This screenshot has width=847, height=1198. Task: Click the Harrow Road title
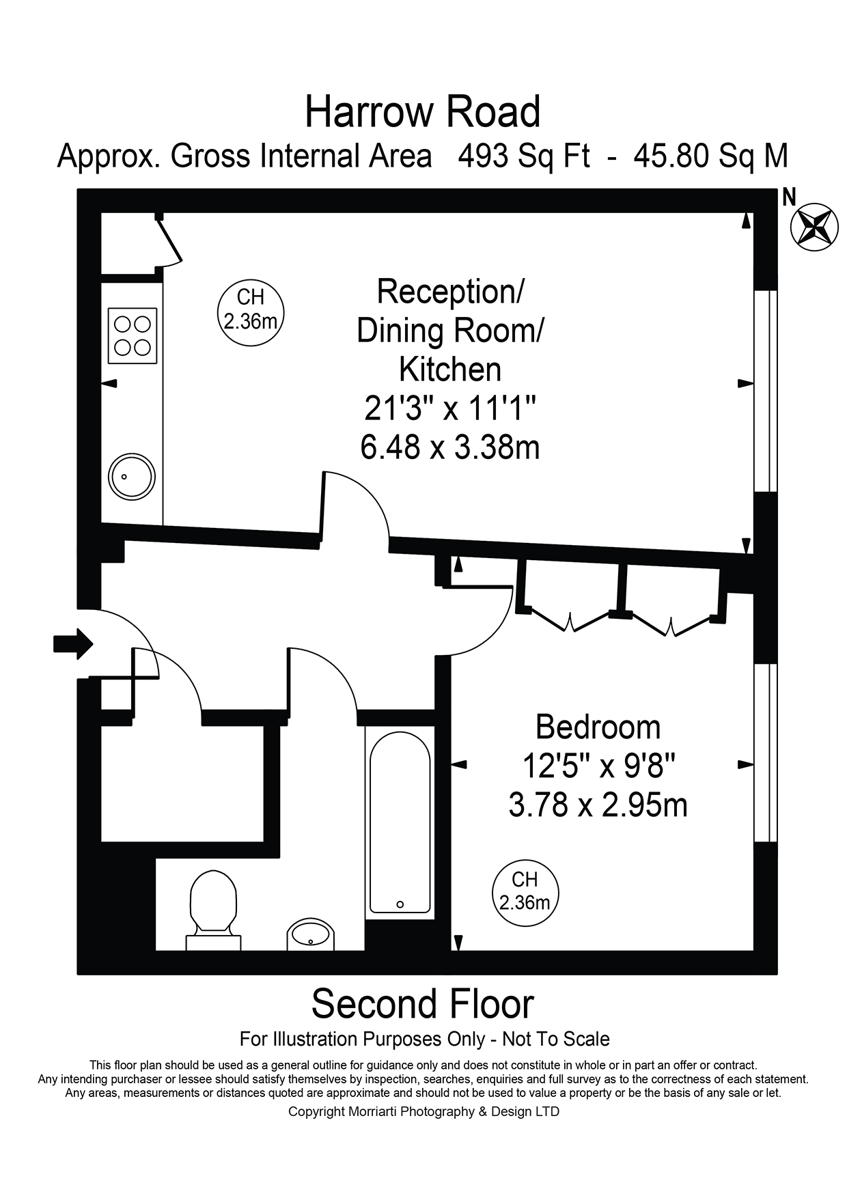[422, 112]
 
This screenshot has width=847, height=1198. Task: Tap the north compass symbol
[814, 226]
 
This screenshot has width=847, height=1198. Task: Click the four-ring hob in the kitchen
[133, 335]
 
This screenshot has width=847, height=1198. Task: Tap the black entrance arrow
[73, 643]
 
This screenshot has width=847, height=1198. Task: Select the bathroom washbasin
[311, 935]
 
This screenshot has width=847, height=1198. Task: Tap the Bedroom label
[598, 727]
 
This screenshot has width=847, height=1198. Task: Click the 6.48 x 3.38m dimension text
[449, 447]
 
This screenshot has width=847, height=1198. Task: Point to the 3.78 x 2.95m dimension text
[598, 805]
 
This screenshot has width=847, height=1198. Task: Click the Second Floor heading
[422, 1004]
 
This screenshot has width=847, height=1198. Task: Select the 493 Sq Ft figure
[523, 156]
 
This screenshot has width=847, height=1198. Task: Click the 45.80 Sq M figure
[710, 156]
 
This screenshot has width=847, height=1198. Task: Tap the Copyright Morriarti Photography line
[423, 1111]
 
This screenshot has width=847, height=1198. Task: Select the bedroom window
[764, 752]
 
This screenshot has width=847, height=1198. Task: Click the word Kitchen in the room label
[449, 370]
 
